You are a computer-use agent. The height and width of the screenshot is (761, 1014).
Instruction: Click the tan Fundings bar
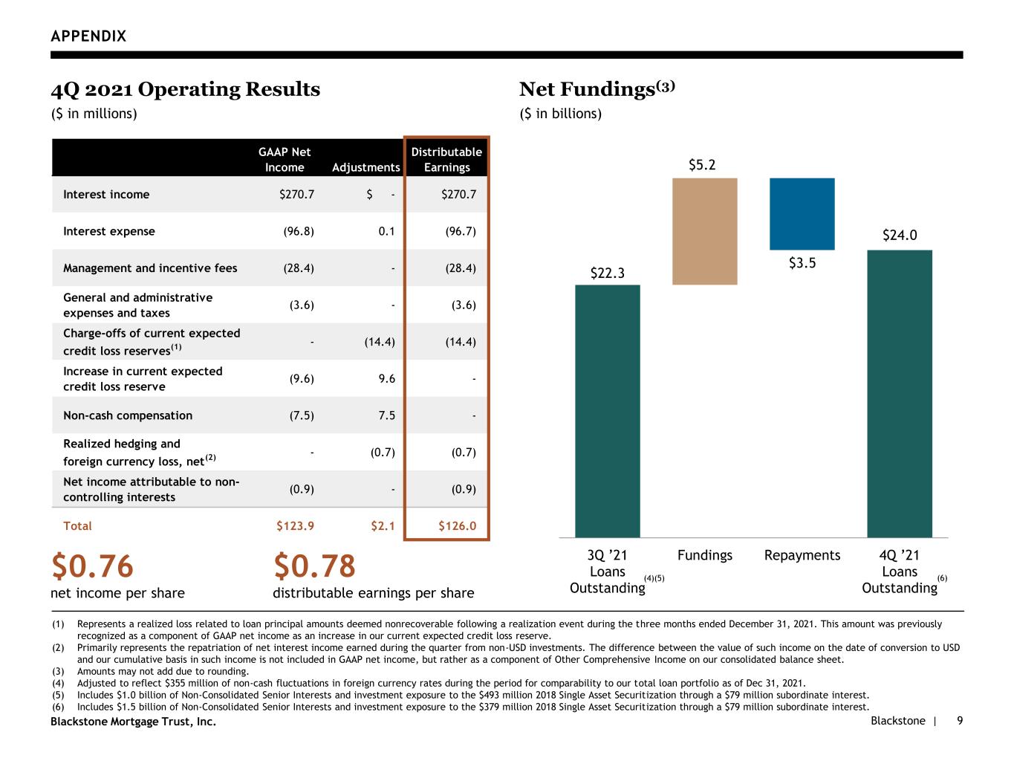tap(704, 231)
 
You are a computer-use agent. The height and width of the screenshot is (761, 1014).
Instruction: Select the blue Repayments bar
tap(802, 214)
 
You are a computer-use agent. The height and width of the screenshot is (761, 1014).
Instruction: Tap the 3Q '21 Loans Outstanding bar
tap(607, 411)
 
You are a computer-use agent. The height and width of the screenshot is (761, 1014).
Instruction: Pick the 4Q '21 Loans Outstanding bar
tap(900, 394)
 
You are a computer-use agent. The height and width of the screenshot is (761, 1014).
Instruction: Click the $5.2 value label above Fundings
tap(702, 164)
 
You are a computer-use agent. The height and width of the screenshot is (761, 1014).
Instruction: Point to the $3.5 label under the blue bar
tap(802, 263)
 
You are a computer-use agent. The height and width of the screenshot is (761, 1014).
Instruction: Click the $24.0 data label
tap(900, 235)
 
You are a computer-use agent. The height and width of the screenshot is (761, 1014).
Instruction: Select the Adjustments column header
tap(366, 167)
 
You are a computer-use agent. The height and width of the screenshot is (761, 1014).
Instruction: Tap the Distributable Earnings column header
tap(446, 159)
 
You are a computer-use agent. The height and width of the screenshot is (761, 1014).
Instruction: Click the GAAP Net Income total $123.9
tap(295, 526)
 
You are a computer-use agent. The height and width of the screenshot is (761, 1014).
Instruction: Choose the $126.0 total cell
tap(458, 526)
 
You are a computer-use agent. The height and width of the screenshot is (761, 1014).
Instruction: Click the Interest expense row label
tap(109, 231)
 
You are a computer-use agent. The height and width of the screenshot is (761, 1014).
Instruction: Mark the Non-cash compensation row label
tap(128, 415)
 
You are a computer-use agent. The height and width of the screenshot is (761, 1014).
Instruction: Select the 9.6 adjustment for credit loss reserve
tap(387, 378)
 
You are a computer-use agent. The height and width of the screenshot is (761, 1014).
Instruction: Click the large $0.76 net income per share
tap(92, 566)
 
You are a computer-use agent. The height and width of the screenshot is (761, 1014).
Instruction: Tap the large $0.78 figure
tap(314, 566)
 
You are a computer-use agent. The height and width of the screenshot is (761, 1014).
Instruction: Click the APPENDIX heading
tap(88, 36)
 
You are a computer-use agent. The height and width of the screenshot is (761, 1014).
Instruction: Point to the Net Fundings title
tap(597, 88)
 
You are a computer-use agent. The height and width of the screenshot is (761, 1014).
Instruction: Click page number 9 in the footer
tap(960, 720)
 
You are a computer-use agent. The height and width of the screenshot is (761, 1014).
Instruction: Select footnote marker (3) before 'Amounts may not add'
tap(58, 671)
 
